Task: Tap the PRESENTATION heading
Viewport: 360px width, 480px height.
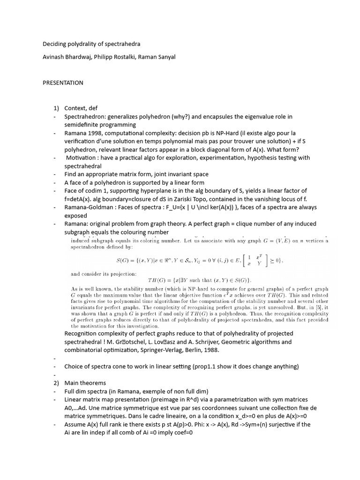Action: point(63,83)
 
